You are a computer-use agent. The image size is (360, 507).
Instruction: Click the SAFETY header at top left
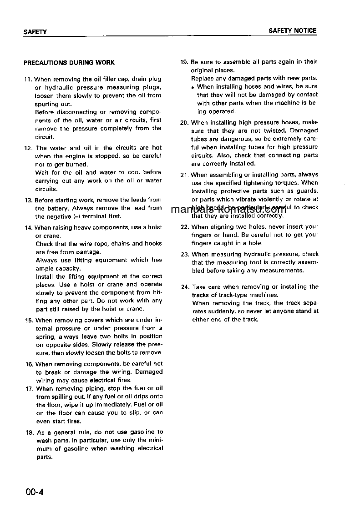tap(35, 32)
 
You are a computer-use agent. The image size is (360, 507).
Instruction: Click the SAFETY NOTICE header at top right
tap(292, 31)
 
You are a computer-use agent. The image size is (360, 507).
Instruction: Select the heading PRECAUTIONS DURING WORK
tap(69, 63)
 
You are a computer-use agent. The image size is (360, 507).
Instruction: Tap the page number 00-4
tap(35, 492)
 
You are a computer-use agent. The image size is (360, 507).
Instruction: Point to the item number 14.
tap(28, 227)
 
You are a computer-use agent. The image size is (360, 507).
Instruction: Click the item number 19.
tap(184, 62)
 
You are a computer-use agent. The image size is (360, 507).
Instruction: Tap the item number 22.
tap(185, 227)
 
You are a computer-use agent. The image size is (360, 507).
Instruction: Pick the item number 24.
tap(185, 287)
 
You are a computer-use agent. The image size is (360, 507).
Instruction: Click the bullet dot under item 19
tap(193, 87)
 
